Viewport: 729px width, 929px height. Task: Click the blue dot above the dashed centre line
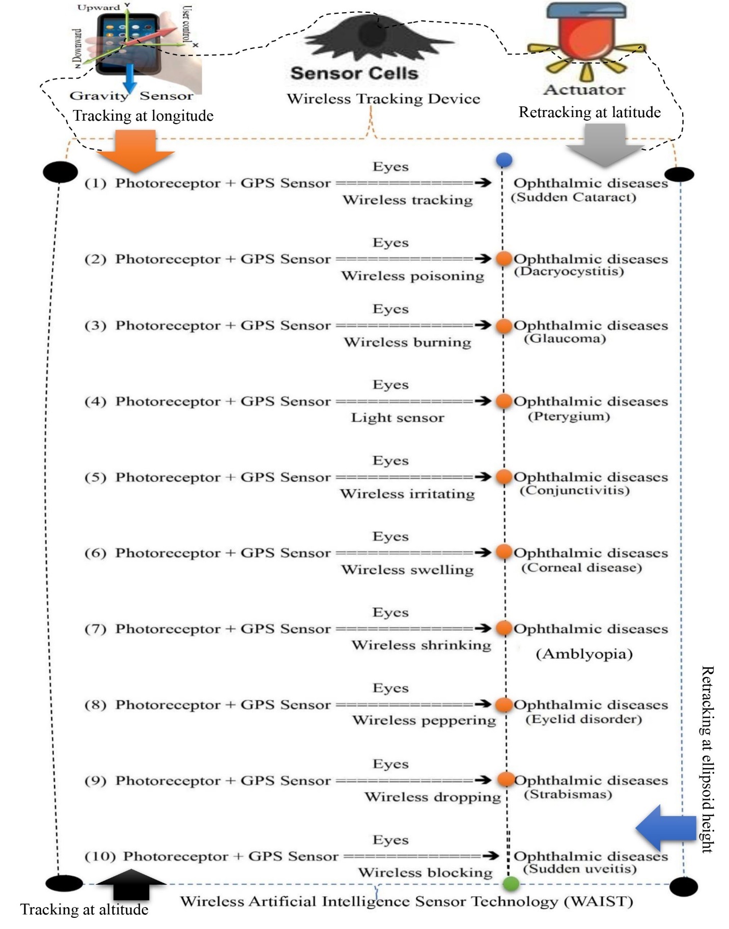coord(503,160)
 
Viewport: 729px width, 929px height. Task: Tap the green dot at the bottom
coord(511,884)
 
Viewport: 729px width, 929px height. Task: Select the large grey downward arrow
coord(604,145)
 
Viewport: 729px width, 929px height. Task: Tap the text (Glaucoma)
coord(565,339)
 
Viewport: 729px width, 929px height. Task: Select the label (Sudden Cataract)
coord(574,197)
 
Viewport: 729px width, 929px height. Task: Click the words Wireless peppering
coord(424,720)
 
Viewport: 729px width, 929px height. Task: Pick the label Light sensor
coord(398,418)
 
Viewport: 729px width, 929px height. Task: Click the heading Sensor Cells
coord(354,73)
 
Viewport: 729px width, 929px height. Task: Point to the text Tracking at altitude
coord(85,909)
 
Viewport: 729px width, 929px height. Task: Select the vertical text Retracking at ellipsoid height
coord(707,758)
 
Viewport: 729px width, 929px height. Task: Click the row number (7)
coord(96,629)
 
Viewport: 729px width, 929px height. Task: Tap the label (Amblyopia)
coord(584,654)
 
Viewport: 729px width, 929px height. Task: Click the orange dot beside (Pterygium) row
coord(503,401)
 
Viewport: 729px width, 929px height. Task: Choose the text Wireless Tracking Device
coord(383,99)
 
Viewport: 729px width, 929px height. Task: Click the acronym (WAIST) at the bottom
coord(598,902)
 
